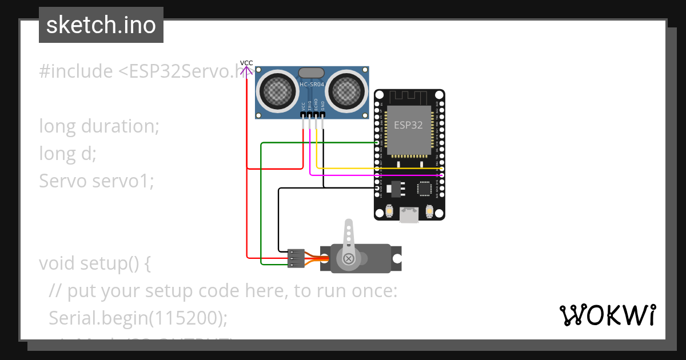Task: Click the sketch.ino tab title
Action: [101, 25]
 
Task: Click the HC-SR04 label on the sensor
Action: [312, 85]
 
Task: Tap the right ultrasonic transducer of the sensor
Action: [346, 90]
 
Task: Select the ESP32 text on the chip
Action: [409, 125]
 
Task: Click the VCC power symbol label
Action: [246, 63]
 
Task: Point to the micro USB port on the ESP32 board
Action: [409, 214]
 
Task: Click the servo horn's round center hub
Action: [348, 259]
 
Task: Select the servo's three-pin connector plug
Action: [296, 258]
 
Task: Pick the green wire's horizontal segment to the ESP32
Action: [320, 143]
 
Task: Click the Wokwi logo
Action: [607, 315]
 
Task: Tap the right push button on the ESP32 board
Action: [429, 210]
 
